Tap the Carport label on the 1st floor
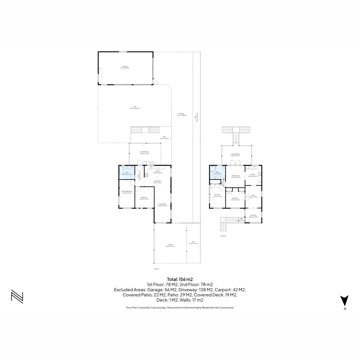pyautogui.click(x=170, y=246)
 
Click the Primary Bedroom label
pyautogui.click(x=127, y=192)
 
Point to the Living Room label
pyautogui.click(x=163, y=205)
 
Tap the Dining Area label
pyautogui.click(x=157, y=182)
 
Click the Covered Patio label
pyautogui.click(x=145, y=153)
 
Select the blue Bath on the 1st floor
pyautogui.click(x=127, y=173)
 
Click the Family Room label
pyautogui.click(x=236, y=176)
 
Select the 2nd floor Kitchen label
pyautogui.click(x=253, y=175)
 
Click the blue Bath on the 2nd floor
pyautogui.click(x=217, y=173)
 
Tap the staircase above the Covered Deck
pyautogui.click(x=236, y=137)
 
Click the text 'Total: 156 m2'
pyautogui.click(x=180, y=279)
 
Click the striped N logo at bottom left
pyautogui.click(x=17, y=296)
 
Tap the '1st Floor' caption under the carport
pyautogui.click(x=156, y=269)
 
